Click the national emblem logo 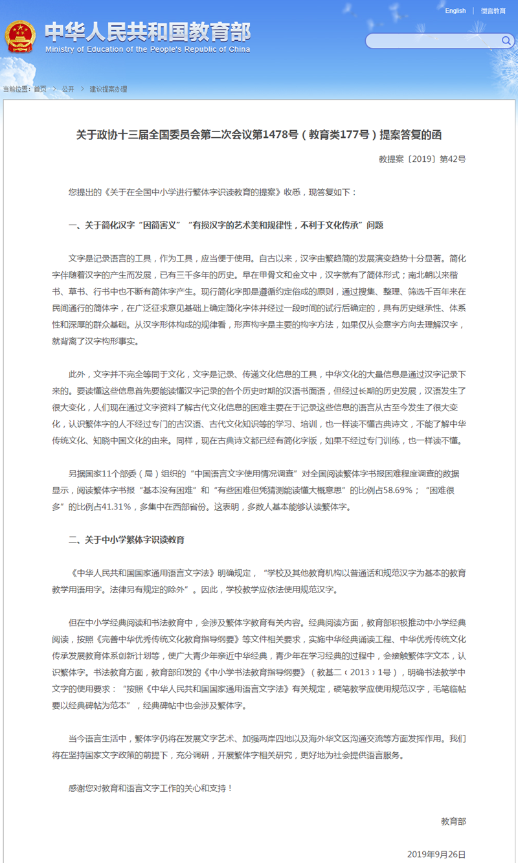21,37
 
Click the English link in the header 455,11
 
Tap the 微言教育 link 493,11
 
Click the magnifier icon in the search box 506,41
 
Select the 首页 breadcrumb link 40,89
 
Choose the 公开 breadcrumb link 68,89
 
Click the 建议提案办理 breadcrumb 108,89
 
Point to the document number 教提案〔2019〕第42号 422,159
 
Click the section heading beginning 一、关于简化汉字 226,225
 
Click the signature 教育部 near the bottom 453,821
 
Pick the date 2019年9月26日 436,855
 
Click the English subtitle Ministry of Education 148,50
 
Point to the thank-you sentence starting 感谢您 150,788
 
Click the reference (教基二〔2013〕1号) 360,672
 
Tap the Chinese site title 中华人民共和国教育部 148,31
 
